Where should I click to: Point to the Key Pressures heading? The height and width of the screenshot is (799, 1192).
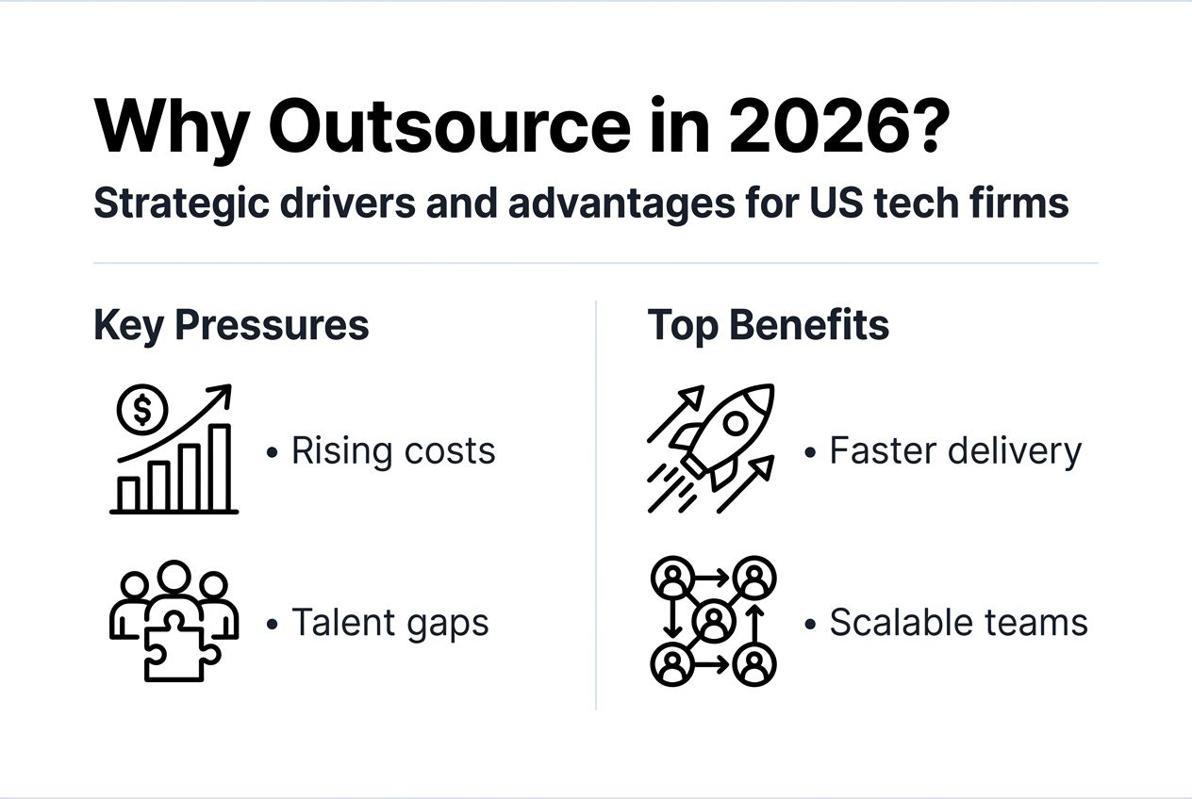(231, 325)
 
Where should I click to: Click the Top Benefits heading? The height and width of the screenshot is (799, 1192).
(768, 325)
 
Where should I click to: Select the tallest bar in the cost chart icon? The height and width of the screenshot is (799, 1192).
(219, 467)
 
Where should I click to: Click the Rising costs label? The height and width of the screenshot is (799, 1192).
(393, 451)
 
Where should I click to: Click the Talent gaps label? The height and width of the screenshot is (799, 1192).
(389, 623)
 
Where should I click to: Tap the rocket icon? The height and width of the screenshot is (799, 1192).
(726, 429)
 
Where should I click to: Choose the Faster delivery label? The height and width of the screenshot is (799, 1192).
(954, 451)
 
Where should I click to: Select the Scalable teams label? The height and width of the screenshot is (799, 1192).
(958, 623)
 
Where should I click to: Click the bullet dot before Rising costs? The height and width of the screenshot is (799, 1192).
(273, 453)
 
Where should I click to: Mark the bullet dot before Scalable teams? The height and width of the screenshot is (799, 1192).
(810, 625)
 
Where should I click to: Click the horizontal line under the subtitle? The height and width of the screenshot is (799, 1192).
(596, 263)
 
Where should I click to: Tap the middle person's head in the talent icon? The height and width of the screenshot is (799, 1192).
(174, 577)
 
